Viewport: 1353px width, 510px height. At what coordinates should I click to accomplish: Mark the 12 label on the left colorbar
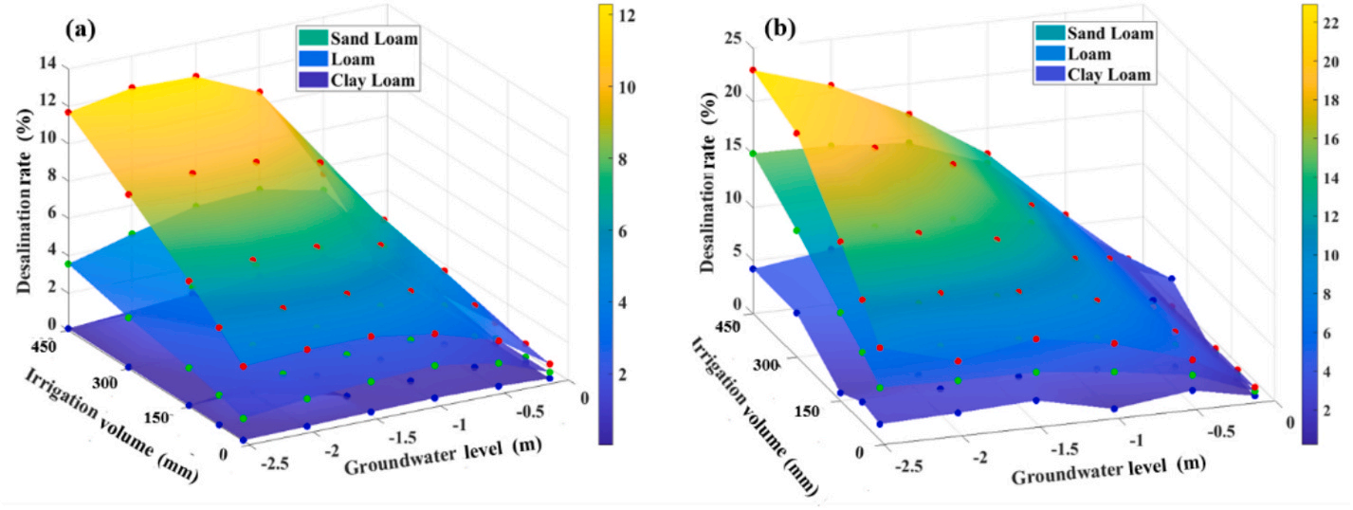pyautogui.click(x=626, y=15)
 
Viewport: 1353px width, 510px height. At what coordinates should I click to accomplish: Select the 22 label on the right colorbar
pyautogui.click(x=1331, y=23)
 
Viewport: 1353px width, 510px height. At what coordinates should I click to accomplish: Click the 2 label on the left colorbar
pyautogui.click(x=625, y=375)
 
